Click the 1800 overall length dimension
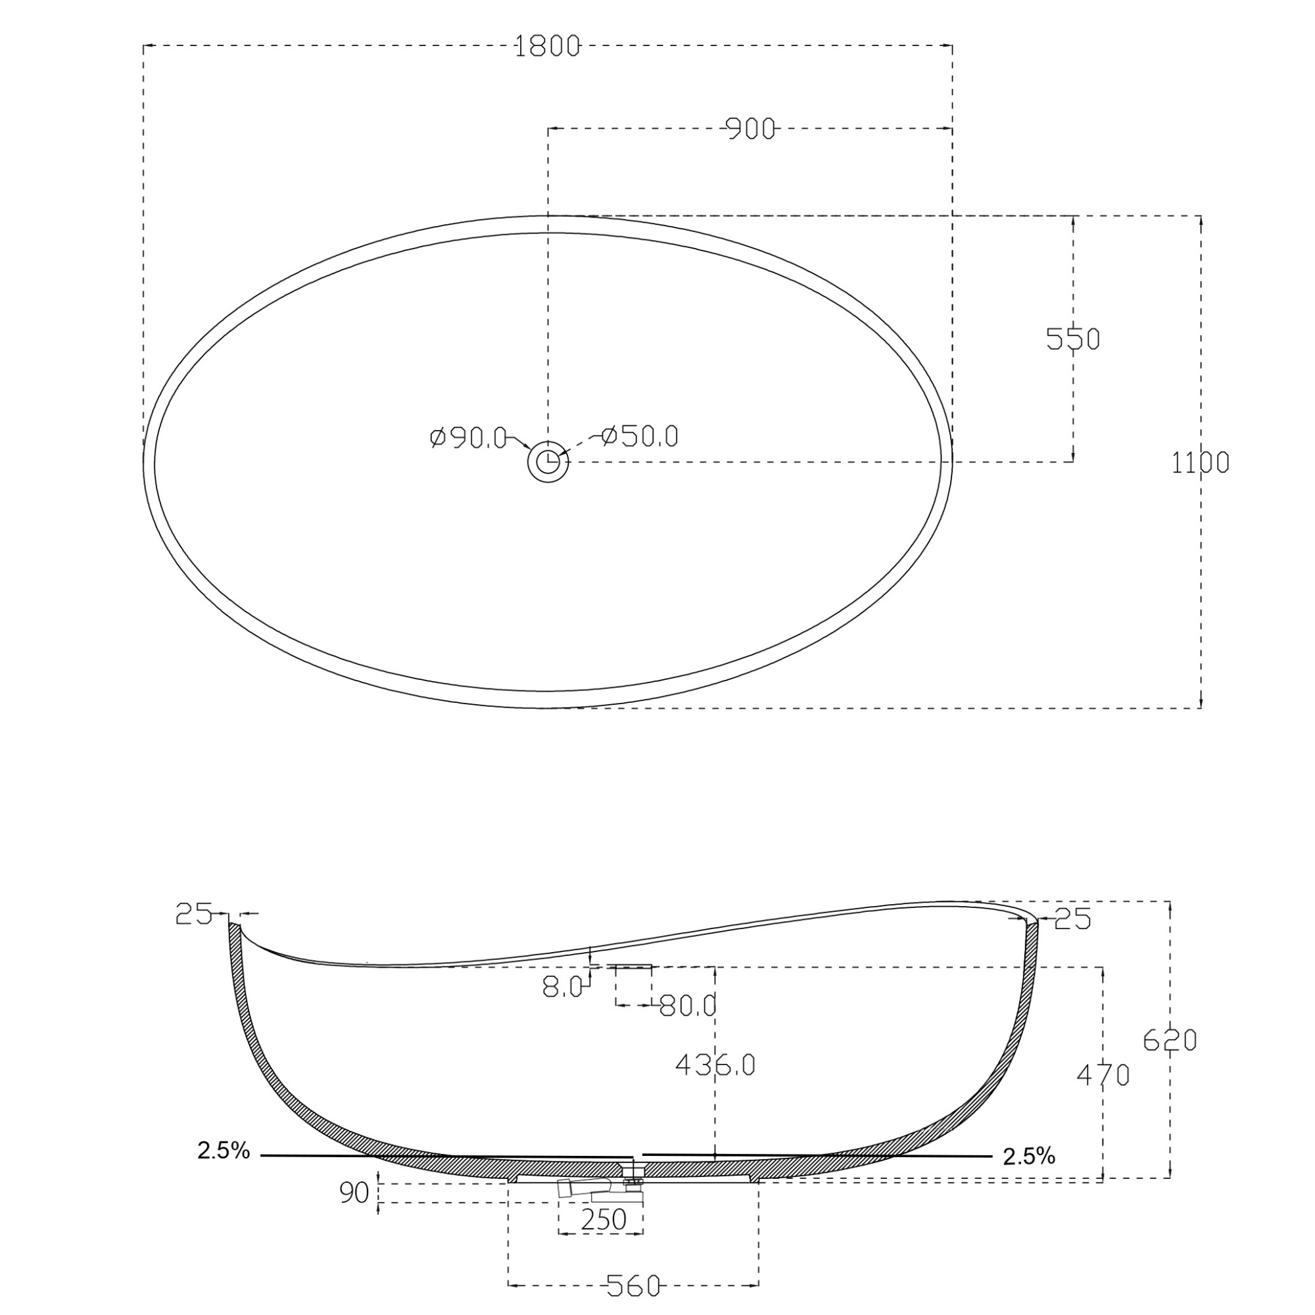point(547,46)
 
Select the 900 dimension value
point(751,129)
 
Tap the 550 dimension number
point(1072,339)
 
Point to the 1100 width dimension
point(1200,463)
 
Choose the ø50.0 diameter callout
point(640,437)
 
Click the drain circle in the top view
point(548,462)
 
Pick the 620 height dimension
point(1169,1040)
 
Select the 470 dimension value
point(1103,1075)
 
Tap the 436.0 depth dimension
point(715,1065)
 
